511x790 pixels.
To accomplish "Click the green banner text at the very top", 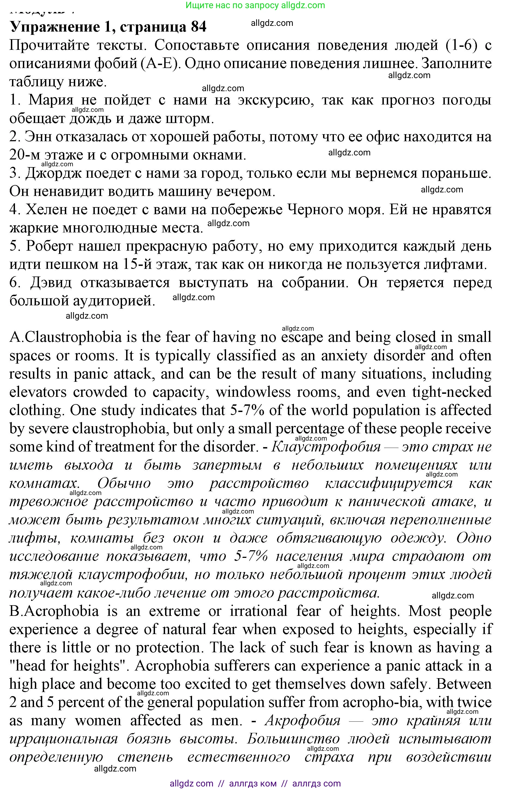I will tap(255, 5).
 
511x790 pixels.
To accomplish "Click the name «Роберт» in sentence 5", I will tap(50, 246).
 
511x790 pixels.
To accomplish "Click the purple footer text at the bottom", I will tap(255, 783).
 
